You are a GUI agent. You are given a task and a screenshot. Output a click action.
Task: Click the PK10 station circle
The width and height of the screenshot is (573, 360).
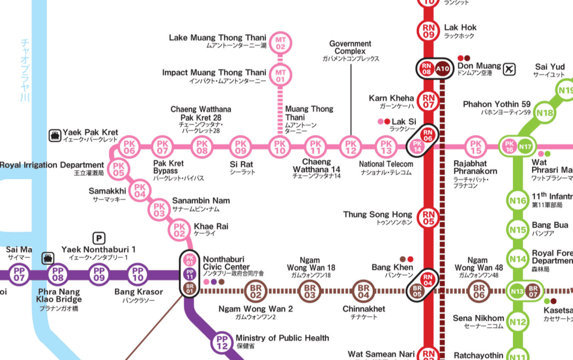280,147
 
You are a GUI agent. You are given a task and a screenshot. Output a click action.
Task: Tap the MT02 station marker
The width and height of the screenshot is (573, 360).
280,43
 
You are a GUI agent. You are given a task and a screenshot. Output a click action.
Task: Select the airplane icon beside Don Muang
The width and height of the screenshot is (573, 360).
509,69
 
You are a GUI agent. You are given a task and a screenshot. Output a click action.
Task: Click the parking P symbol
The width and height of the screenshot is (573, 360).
99,238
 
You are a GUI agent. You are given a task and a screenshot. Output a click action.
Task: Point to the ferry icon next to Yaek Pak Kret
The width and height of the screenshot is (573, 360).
55,135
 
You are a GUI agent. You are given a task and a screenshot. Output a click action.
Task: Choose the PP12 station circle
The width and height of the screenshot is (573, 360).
222,342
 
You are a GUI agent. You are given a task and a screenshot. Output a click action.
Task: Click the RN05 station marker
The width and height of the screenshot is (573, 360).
429,218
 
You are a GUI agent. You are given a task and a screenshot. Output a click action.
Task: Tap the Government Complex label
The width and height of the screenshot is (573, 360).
350,47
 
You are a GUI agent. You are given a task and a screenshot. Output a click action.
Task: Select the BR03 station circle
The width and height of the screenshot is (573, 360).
309,290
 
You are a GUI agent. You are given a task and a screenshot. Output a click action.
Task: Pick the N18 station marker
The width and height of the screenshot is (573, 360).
545,114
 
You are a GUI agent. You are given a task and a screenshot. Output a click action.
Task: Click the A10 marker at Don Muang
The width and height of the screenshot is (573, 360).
443,69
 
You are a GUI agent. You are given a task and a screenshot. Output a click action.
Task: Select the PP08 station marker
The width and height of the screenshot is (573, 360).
57,273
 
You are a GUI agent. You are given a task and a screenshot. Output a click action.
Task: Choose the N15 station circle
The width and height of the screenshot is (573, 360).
517,230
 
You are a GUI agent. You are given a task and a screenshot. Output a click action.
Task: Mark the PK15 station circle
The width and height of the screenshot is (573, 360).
475,147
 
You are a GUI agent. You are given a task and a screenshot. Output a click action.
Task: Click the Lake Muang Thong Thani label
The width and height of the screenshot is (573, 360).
217,38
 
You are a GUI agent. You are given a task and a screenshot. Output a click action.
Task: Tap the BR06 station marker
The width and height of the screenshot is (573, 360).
478,290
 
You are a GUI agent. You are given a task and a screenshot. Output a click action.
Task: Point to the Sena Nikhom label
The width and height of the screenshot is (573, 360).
478,318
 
